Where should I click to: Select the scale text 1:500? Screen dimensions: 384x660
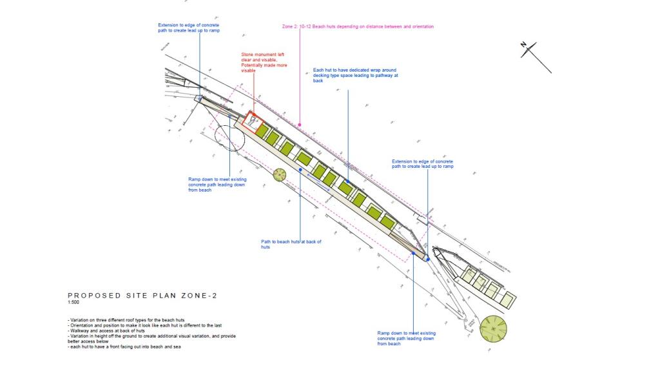point(74,303)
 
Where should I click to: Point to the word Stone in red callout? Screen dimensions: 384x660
point(247,55)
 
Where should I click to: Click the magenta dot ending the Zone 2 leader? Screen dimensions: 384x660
point(299,124)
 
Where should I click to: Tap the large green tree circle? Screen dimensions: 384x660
point(493,329)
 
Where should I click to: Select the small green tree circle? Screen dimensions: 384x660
point(279,175)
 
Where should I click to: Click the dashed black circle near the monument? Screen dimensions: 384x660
point(228,136)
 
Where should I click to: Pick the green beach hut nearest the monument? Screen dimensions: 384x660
point(262,130)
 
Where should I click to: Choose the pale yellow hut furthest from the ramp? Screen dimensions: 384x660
point(508,300)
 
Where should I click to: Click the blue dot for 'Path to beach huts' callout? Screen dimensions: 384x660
point(300,170)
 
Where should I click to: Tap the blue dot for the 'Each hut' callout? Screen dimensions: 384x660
point(347,181)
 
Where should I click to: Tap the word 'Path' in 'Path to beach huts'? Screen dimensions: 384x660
point(266,242)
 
